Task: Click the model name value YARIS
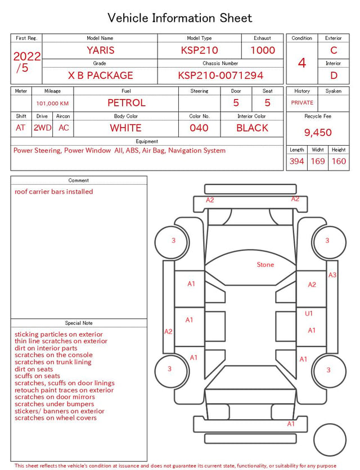101,50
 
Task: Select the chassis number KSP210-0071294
220,75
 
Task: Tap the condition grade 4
302,63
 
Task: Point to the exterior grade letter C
334,50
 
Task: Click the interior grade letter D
334,75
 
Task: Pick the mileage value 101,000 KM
52,104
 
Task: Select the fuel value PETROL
127,103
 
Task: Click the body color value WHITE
125,128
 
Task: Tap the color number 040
199,128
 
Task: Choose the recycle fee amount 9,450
318,132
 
